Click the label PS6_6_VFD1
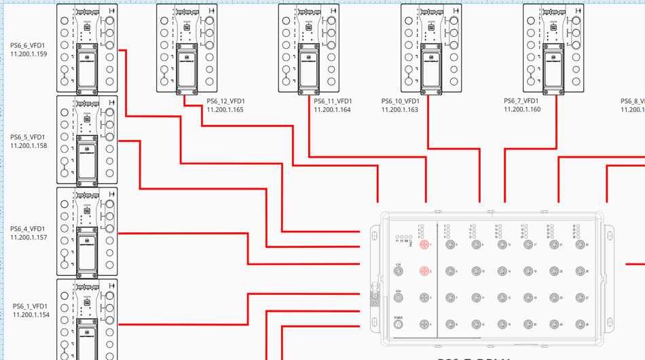point(29,46)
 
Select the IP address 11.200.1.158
point(29,145)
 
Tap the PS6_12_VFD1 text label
point(225,102)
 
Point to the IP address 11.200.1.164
point(332,110)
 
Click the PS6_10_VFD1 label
point(400,102)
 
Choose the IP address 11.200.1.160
point(522,109)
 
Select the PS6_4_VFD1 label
point(29,229)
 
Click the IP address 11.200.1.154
point(31,314)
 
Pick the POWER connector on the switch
point(399,325)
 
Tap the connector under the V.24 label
point(399,272)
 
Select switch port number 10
point(474,272)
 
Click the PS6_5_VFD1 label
point(29,137)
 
